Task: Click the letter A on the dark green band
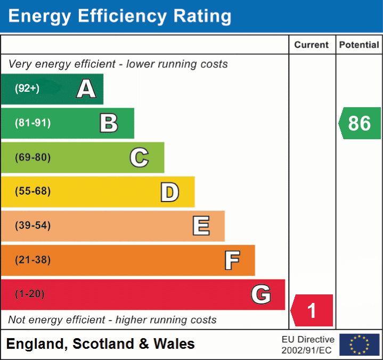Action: [86, 89]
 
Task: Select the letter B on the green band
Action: [109, 123]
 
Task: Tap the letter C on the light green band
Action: [139, 157]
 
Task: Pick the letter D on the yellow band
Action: [169, 192]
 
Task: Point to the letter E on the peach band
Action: [201, 226]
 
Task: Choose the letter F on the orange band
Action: [232, 260]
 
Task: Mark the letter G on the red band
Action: [261, 294]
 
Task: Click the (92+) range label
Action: [27, 89]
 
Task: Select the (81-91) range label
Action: [32, 123]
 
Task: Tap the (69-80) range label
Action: [32, 157]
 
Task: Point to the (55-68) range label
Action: [32, 191]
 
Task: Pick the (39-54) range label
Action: [32, 226]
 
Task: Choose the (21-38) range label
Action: [32, 260]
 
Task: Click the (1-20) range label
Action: [30, 294]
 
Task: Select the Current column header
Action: [312, 45]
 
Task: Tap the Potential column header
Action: [359, 45]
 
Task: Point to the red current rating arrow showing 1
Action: [312, 310]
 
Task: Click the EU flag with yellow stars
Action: [359, 345]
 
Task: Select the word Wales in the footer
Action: [174, 344]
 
